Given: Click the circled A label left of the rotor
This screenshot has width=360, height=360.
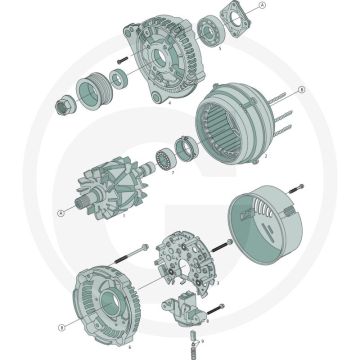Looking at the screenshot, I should click(x=62, y=213).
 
